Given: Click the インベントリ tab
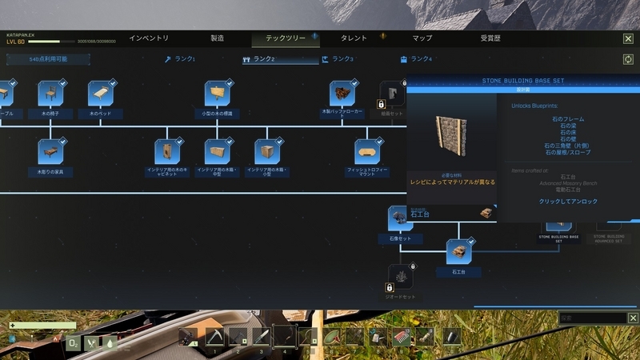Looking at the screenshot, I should pyautogui.click(x=149, y=38).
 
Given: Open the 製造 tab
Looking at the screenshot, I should pyautogui.click(x=217, y=38).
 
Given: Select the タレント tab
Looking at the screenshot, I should pyautogui.click(x=354, y=38).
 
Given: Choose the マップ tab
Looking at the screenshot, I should pyautogui.click(x=422, y=38).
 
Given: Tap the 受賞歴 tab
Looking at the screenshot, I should pyautogui.click(x=490, y=38).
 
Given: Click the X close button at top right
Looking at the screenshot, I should pyautogui.click(x=628, y=38).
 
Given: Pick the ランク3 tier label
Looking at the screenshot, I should pyautogui.click(x=339, y=59).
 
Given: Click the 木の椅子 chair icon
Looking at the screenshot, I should pyautogui.click(x=51, y=93).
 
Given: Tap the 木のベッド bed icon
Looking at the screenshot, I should pyautogui.click(x=102, y=93).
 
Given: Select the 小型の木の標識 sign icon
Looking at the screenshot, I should pyautogui.click(x=217, y=93).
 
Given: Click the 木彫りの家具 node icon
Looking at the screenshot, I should pyautogui.click(x=51, y=150).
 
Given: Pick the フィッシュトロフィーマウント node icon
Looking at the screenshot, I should pyautogui.click(x=368, y=150).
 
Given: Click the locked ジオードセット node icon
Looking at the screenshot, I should pyautogui.click(x=402, y=277).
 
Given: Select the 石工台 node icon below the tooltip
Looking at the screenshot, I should pyautogui.click(x=459, y=252).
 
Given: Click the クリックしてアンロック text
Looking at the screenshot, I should pyautogui.click(x=567, y=202).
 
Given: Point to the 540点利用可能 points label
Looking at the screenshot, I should pyautogui.click(x=48, y=59).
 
